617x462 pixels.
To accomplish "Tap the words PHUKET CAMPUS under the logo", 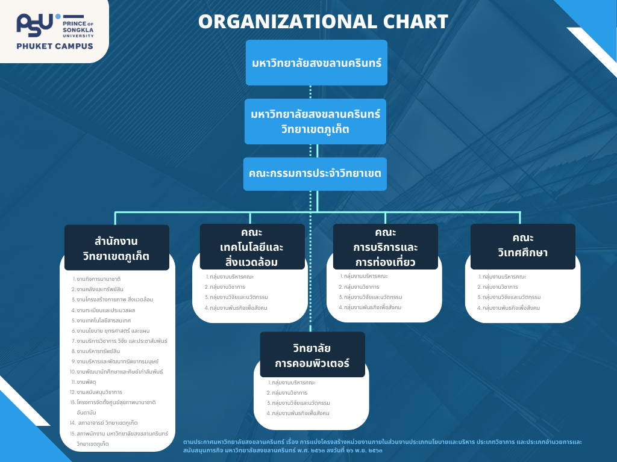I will pyautogui.click(x=55, y=46).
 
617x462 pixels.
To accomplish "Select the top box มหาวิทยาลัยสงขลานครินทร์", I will pyautogui.click(x=316, y=63).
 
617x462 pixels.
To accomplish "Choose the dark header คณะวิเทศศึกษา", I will pyautogui.click(x=522, y=246).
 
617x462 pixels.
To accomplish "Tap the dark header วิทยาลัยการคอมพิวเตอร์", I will pyautogui.click(x=312, y=356).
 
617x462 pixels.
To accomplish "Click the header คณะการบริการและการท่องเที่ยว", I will pyautogui.click(x=386, y=247).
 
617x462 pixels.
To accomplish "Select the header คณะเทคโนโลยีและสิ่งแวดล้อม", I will pyautogui.click(x=252, y=247).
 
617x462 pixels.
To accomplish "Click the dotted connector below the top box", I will pyautogui.click(x=311, y=92).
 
